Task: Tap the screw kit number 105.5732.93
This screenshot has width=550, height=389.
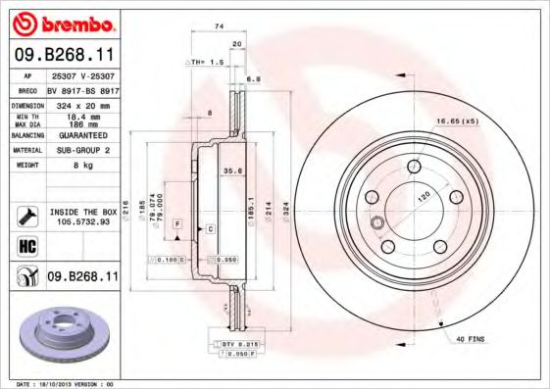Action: tap(82, 221)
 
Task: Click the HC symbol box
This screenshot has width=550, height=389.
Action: tap(26, 245)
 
